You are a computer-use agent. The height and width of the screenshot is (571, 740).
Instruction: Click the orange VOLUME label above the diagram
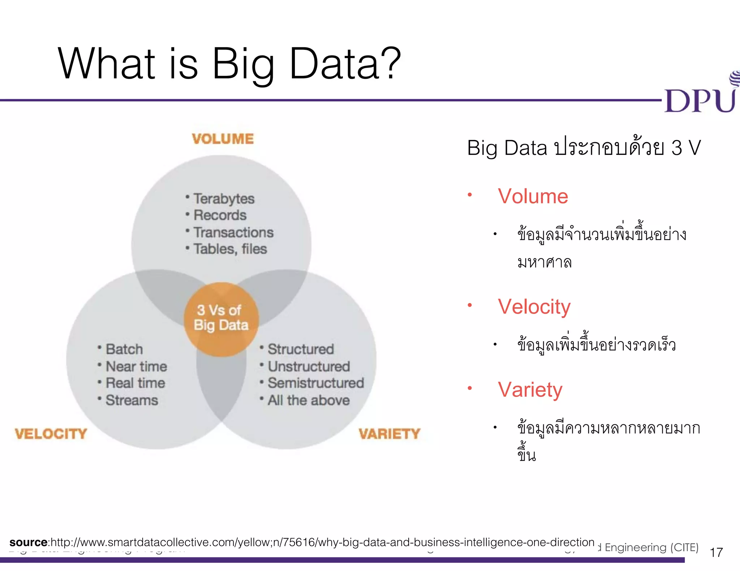223,139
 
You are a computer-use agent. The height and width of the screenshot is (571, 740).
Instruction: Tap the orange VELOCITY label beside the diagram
51,433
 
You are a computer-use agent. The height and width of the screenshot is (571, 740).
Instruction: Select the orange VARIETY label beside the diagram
390,433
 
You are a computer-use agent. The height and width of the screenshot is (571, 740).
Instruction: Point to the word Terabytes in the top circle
224,199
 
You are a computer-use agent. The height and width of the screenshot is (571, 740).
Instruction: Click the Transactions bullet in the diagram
233,232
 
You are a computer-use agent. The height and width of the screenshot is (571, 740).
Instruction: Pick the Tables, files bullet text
230,249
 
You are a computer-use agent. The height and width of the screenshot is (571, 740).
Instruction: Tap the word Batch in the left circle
124,349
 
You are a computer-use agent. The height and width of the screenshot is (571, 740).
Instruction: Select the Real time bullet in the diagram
135,383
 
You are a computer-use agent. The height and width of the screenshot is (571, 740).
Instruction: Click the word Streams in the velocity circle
132,400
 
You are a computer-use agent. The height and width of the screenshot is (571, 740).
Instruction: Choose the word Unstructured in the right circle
309,366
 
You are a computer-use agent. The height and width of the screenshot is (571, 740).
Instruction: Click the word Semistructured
316,383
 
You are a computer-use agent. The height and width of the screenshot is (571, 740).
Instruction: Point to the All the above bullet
309,400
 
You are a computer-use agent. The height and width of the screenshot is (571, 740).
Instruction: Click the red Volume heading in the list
533,196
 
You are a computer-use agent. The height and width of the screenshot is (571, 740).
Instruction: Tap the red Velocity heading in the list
534,307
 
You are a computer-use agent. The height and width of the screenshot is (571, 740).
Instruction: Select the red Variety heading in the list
530,390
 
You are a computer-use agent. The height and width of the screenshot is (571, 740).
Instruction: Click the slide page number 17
716,552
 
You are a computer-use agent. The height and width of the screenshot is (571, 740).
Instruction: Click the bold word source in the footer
29,542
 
